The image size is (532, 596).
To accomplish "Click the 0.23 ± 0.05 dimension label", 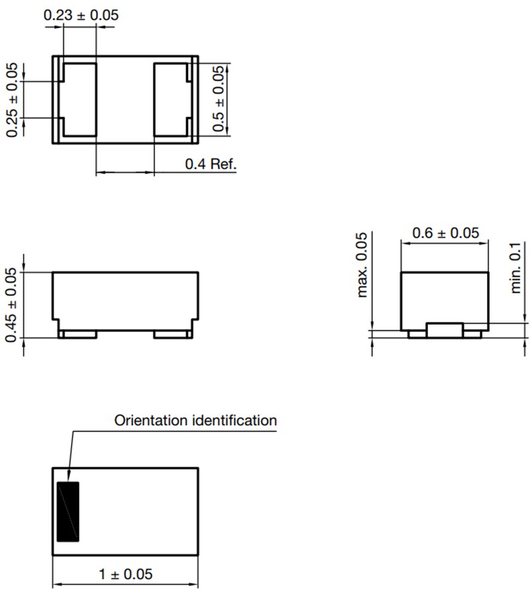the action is coord(81,15).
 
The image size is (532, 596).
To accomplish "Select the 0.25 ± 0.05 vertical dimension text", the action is coord(12,100).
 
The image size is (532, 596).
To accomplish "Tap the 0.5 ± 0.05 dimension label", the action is coord(218,99).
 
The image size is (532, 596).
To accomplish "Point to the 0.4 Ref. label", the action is coord(211,164).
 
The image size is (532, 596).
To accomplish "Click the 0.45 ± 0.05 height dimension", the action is coord(12,305).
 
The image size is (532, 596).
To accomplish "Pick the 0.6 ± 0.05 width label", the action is coord(446,232).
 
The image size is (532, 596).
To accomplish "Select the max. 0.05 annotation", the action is coord(362,265).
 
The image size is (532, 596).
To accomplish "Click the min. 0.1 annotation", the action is coord(515,268).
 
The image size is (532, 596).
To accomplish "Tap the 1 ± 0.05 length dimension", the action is coord(125,574).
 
